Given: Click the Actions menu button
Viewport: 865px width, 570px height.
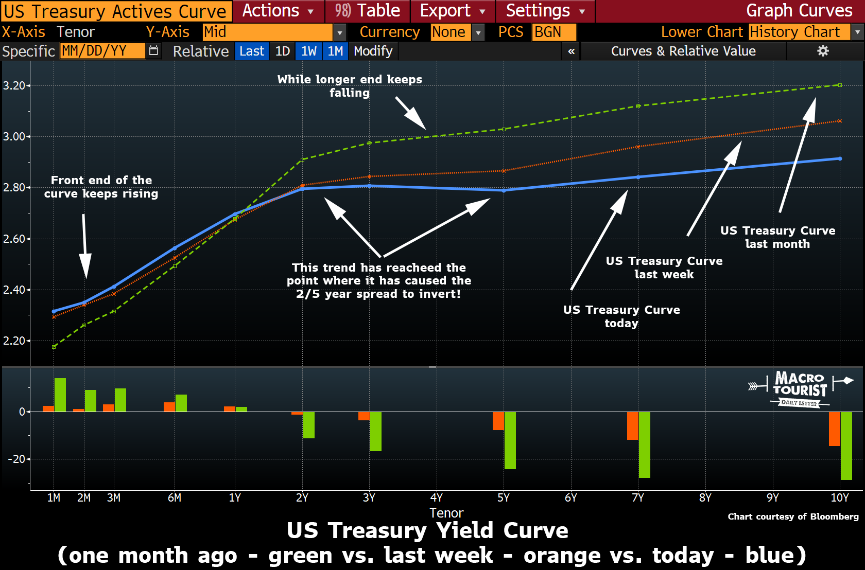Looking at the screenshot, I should (278, 11).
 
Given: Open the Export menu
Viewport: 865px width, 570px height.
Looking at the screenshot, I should (452, 11).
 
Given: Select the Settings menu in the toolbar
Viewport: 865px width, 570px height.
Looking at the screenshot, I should (545, 11).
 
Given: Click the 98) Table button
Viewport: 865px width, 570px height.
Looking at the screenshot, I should (367, 11).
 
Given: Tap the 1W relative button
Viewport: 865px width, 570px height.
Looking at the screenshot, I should (309, 51).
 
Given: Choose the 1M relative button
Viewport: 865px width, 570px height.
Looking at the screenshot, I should (335, 51).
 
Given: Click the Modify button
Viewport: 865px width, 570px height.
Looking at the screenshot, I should (373, 51).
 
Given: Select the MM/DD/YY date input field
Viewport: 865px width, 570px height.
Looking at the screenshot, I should (102, 51).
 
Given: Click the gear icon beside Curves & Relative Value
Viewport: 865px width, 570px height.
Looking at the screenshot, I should (823, 51).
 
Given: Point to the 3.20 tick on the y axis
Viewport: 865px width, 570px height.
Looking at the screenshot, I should (14, 85).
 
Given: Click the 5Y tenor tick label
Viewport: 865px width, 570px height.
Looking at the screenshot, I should (504, 497).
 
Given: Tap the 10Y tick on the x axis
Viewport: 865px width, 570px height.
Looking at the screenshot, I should (840, 497).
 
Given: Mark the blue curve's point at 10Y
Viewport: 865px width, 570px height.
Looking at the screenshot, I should (840, 158).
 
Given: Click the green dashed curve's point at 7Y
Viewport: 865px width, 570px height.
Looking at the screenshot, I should (638, 106).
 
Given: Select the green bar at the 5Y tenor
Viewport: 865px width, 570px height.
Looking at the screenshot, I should (510, 440).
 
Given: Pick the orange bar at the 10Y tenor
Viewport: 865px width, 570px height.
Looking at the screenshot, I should (834, 429).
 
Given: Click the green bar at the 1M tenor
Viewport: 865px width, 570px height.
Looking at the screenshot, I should (60, 395).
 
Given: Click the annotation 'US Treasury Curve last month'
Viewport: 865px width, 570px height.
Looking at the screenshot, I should (777, 237).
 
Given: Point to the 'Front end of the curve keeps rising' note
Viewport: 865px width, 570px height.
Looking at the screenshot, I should (101, 187).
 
